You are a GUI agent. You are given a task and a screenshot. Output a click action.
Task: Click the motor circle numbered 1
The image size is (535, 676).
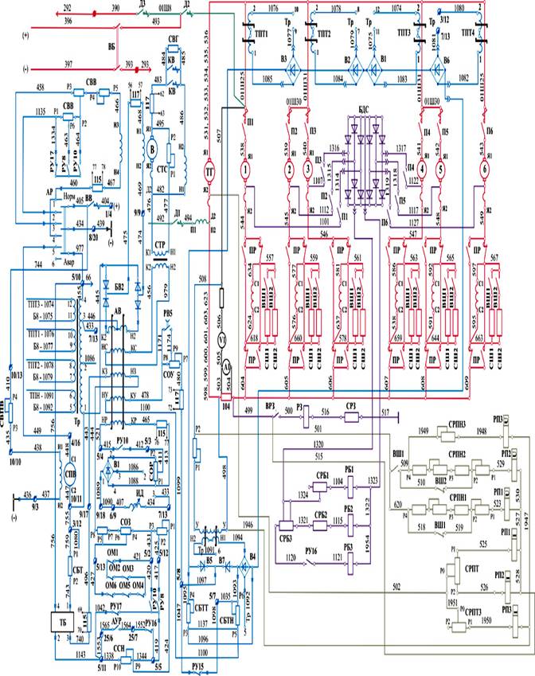(247, 170)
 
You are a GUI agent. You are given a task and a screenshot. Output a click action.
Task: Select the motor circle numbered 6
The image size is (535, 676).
(483, 170)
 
